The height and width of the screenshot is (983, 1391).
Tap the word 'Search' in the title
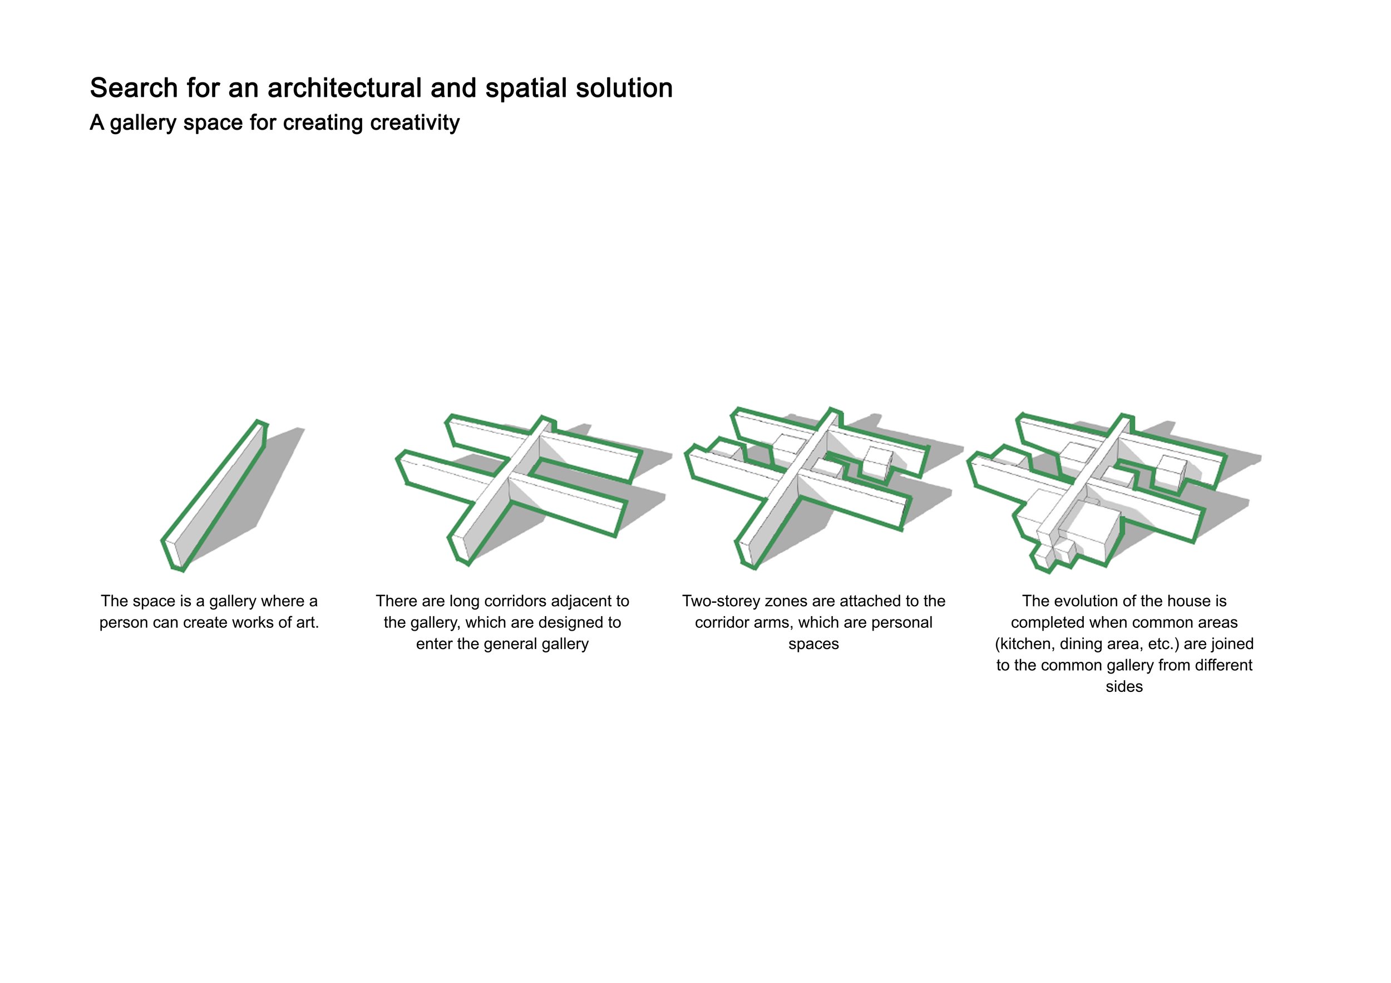pos(134,88)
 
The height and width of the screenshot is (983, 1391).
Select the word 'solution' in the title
pos(624,88)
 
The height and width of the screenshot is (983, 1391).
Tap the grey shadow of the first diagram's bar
pos(267,479)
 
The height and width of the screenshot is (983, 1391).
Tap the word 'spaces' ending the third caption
pos(813,645)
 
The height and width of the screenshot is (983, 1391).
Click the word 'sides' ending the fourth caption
pos(1124,687)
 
